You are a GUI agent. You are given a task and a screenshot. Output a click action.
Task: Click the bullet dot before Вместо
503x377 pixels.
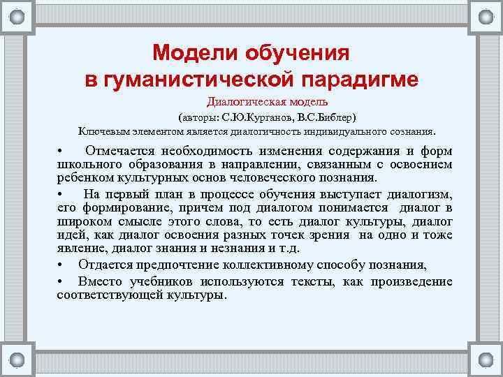[x=61, y=281]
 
